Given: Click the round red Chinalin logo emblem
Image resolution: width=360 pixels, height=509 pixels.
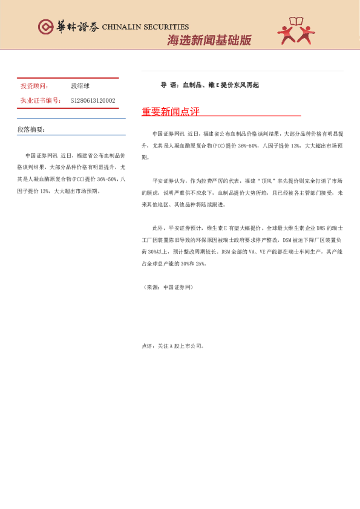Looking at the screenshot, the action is pos(45,27).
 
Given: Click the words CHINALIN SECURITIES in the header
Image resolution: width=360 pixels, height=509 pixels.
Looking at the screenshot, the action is pos(145,27).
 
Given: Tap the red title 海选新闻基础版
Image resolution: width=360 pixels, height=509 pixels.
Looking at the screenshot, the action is pos(209,41).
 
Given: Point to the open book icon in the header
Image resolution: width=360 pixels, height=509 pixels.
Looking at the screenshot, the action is pos(296,23).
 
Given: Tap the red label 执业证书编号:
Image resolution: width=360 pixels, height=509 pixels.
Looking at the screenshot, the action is pos(41,100).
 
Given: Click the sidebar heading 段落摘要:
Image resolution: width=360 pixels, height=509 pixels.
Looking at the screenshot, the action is pos(31,129).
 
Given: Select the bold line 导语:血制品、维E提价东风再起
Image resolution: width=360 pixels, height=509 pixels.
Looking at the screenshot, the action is pos(210,85).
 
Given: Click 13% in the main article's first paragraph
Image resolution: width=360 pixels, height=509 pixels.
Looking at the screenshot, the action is pos(295,146).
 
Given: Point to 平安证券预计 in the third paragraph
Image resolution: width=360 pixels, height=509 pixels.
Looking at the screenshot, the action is pos(184,229).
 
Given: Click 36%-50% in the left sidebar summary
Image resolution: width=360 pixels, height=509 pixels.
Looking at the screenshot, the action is pos(100,180).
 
